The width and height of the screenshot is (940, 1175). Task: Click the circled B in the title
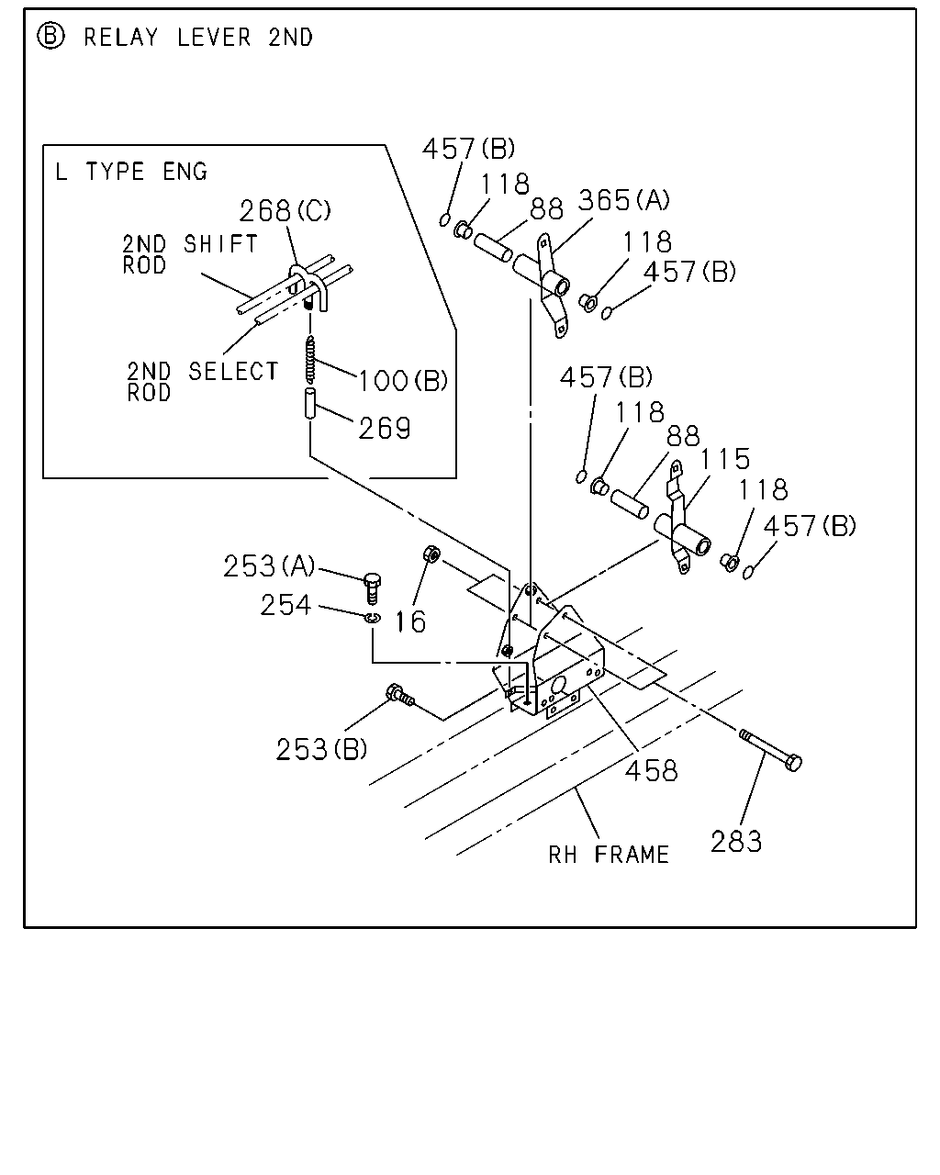tap(50, 37)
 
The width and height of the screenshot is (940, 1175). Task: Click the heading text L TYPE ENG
tap(131, 172)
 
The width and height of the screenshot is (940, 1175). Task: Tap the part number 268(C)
tap(285, 211)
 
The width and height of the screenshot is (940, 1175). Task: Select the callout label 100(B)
tap(403, 381)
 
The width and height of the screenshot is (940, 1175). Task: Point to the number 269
tap(385, 428)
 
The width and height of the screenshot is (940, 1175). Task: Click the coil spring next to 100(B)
tap(309, 359)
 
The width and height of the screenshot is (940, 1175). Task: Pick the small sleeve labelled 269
tap(310, 403)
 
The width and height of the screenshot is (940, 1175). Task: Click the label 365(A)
tap(623, 200)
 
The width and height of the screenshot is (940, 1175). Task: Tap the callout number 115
tap(725, 459)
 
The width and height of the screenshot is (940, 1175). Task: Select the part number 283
tap(735, 841)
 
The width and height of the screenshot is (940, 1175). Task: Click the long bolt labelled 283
tap(771, 750)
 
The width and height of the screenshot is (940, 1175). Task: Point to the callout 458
tap(651, 771)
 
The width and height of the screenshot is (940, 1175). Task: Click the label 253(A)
tap(269, 565)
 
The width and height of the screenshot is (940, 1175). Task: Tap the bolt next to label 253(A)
tap(372, 588)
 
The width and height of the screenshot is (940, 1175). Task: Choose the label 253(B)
tap(321, 749)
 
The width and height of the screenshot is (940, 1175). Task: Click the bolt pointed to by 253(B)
tap(400, 695)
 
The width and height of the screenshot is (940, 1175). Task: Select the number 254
tap(285, 605)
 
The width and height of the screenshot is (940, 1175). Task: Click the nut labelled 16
tap(431, 554)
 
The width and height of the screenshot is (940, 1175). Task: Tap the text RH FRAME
tap(609, 855)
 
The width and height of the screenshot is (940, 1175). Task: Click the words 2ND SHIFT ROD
tap(189, 254)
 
